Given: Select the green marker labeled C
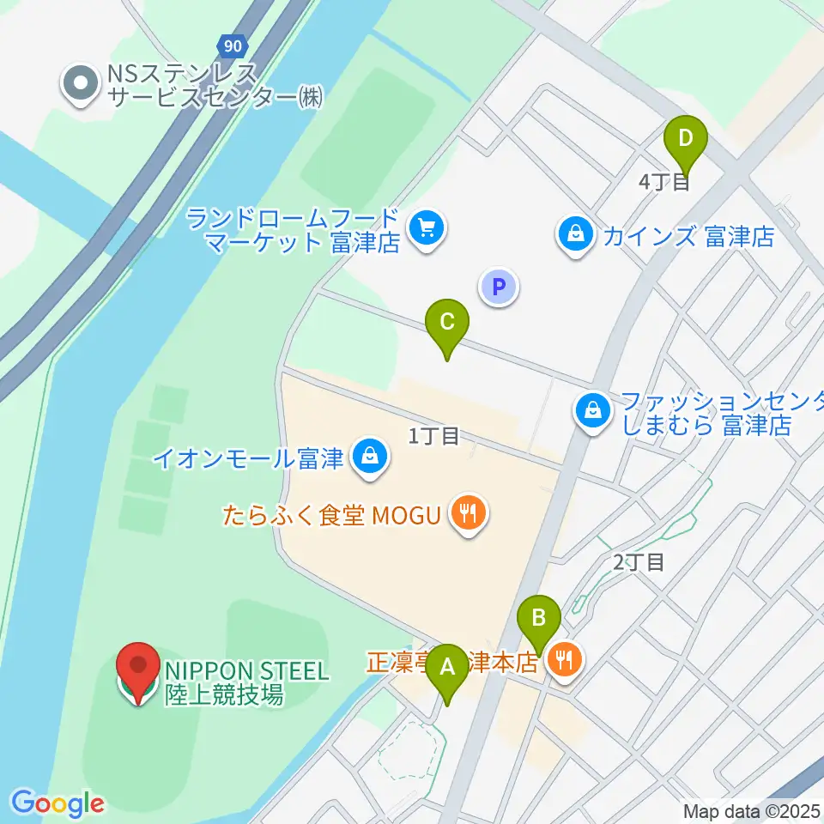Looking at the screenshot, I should [447, 323].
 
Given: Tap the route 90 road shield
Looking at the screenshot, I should [231, 45].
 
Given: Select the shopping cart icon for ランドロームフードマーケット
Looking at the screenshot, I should [427, 229].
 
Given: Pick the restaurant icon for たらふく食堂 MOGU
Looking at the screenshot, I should [468, 514].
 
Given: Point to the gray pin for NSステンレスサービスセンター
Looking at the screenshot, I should [82, 83].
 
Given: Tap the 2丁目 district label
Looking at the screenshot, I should [639, 563].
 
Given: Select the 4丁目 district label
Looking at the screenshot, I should [665, 182].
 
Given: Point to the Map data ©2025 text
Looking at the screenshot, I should [752, 810].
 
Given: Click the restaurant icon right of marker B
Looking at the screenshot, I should [565, 660].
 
